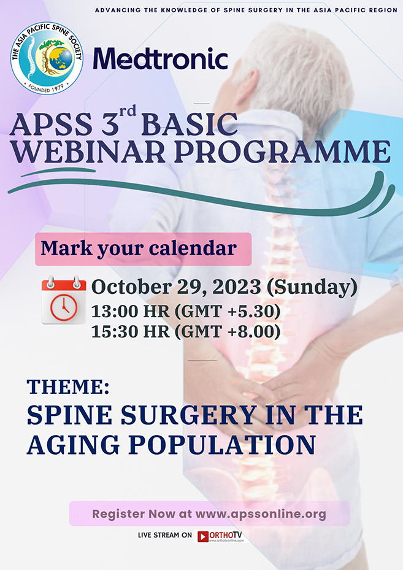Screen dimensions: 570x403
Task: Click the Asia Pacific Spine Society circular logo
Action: coord(47,58)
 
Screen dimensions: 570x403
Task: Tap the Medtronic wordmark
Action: coord(161,59)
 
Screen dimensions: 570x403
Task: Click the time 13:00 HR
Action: coord(131,312)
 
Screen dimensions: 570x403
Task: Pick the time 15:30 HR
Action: coord(131,332)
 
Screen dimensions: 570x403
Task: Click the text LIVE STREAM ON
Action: coord(164,536)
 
